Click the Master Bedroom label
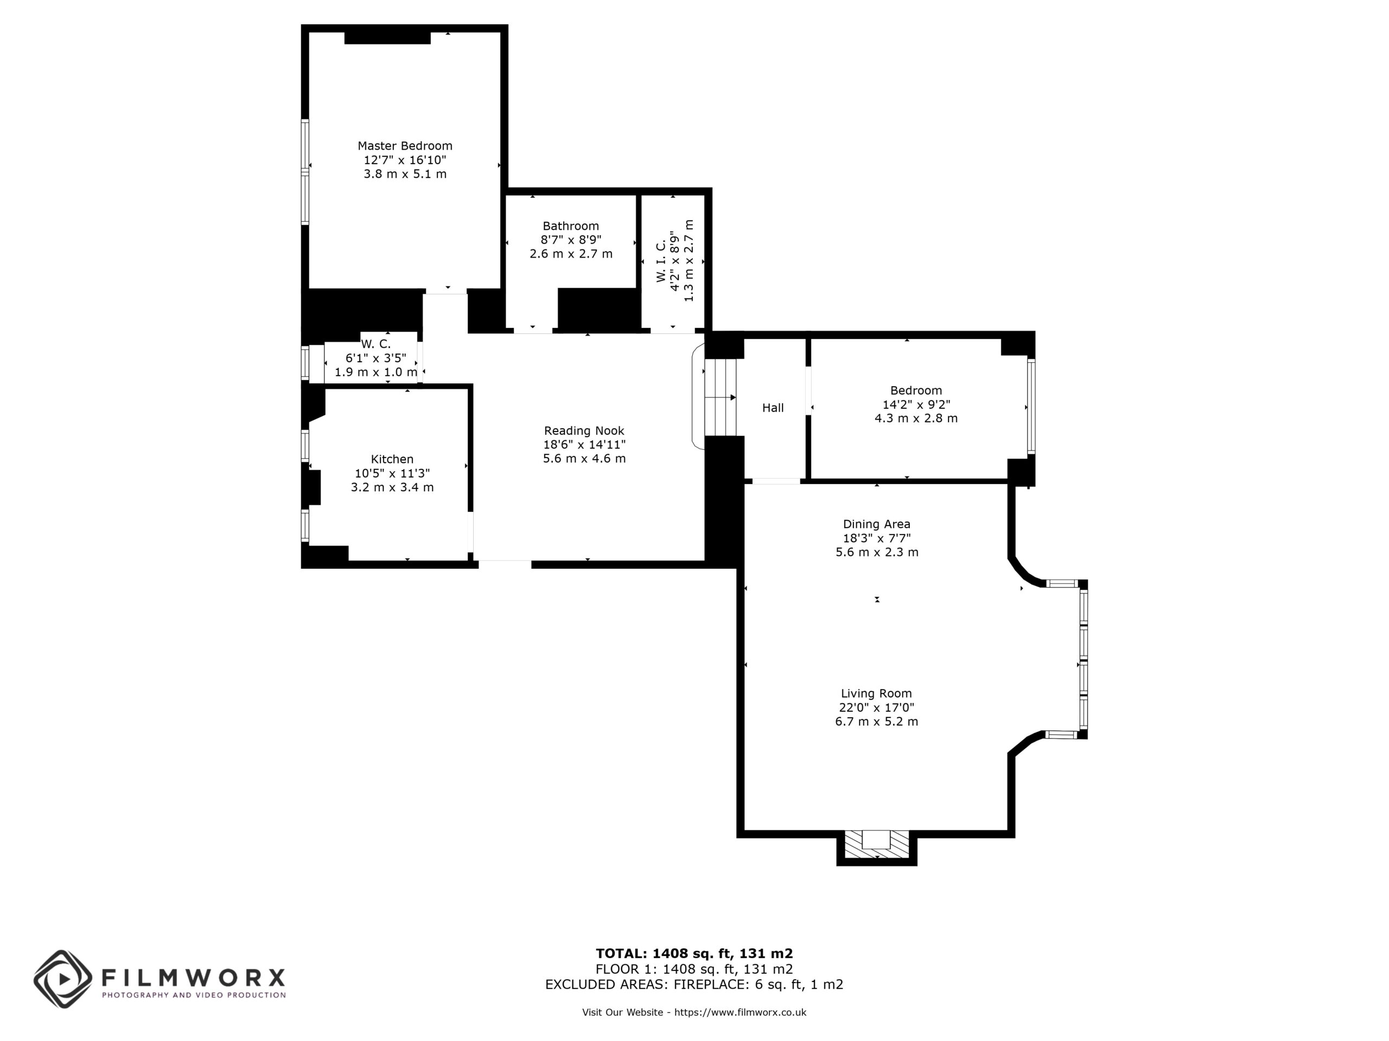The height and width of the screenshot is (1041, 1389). click(x=405, y=145)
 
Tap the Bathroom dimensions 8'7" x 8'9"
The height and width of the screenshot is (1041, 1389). click(x=571, y=240)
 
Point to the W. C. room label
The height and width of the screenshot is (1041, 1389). click(x=375, y=344)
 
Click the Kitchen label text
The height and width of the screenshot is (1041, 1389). click(x=392, y=459)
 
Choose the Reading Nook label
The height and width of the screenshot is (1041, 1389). click(x=584, y=430)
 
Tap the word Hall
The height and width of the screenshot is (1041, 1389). click(x=773, y=408)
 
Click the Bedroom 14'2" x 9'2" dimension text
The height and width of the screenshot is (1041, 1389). click(x=916, y=404)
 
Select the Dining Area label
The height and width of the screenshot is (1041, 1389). click(x=877, y=524)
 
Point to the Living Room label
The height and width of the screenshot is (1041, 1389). click(x=877, y=693)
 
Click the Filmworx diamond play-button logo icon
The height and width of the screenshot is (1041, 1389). click(x=63, y=979)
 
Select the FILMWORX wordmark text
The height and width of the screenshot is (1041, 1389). click(x=193, y=977)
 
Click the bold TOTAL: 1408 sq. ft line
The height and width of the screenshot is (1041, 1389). click(x=694, y=954)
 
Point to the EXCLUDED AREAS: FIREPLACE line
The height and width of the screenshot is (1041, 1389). click(x=694, y=984)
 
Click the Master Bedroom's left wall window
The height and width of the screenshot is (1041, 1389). click(x=305, y=171)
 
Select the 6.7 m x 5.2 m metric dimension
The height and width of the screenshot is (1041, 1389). click(x=877, y=722)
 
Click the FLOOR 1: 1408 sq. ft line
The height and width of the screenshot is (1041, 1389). click(x=694, y=969)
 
